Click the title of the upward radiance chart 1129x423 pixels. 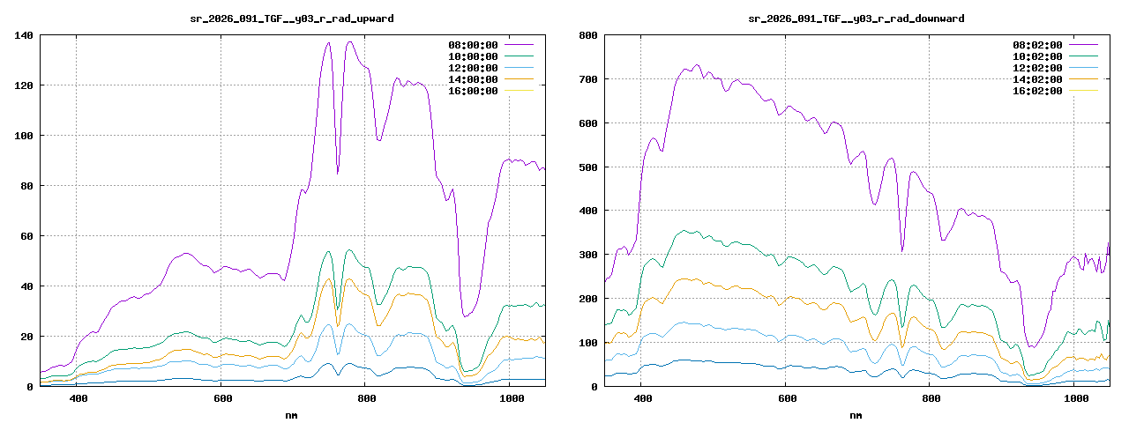point(292,18)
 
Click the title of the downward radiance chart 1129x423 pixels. point(856,18)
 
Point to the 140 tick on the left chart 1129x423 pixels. point(24,35)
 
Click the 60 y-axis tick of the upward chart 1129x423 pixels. point(26,236)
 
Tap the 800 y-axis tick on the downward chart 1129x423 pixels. point(588,35)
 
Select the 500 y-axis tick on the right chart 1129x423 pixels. point(588,167)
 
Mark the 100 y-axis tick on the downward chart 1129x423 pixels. point(588,343)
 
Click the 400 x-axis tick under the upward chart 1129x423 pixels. point(78,399)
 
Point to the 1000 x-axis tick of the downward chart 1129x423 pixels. point(1075,399)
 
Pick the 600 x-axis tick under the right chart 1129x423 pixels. point(786,399)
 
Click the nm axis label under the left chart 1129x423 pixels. point(292,414)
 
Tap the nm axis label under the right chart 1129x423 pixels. point(856,414)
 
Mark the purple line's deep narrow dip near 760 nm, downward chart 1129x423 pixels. point(901,250)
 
